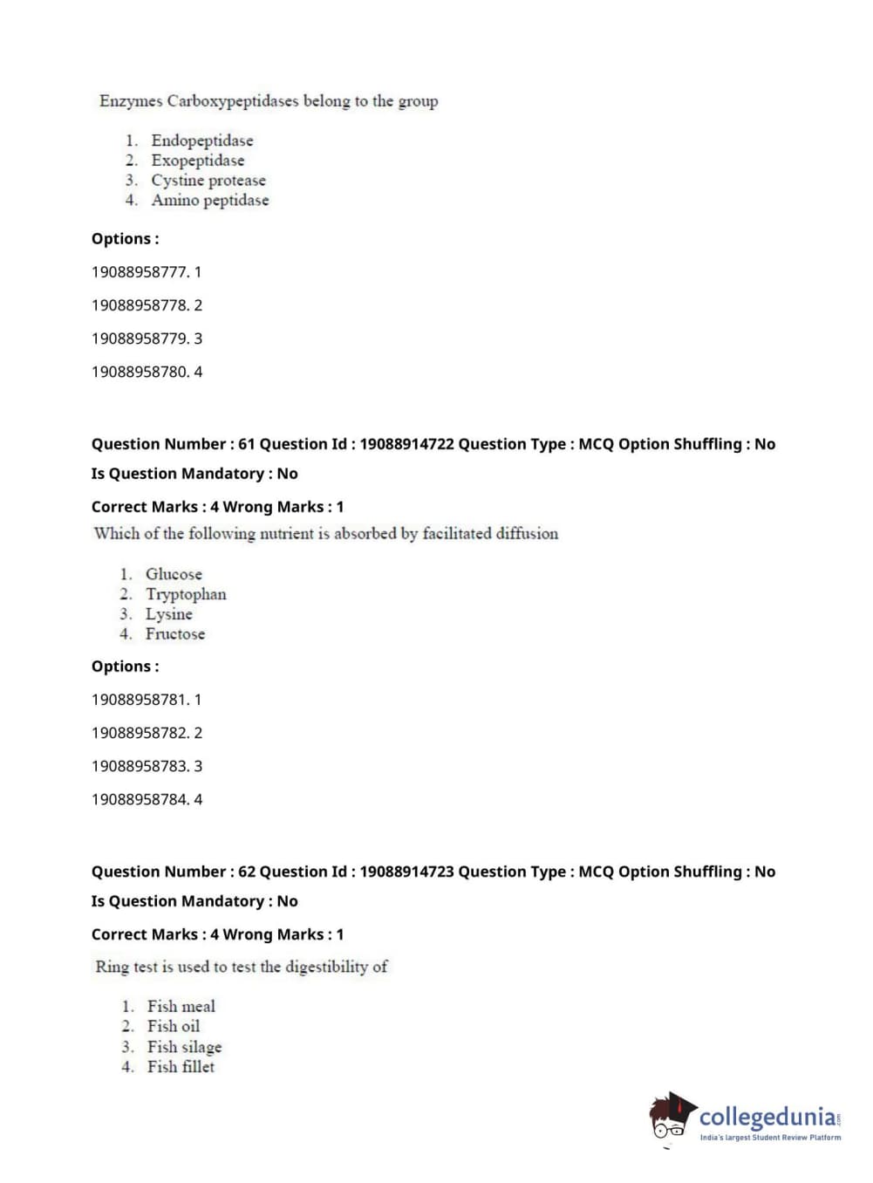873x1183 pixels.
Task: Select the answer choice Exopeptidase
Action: point(197,161)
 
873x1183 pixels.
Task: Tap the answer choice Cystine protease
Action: point(208,181)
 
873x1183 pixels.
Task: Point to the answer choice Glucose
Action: point(174,574)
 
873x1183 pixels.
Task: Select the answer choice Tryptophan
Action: point(186,594)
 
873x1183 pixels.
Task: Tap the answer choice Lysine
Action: point(168,614)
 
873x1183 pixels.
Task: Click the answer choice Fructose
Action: point(174,634)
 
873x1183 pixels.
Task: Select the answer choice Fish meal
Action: point(181,1007)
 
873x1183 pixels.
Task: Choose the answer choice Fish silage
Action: point(184,1047)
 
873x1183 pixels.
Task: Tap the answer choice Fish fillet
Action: point(181,1067)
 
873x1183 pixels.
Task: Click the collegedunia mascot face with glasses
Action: point(670,1119)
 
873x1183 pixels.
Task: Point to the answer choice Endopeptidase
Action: point(201,140)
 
